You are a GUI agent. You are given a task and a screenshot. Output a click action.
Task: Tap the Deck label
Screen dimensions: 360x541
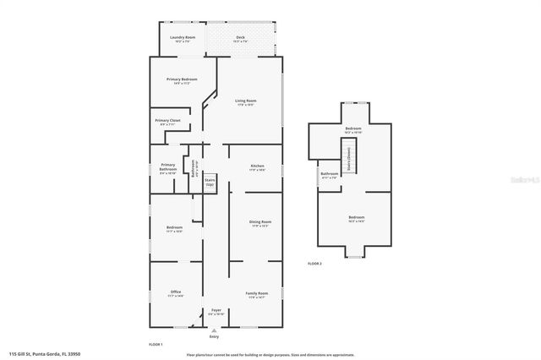(x=240, y=37)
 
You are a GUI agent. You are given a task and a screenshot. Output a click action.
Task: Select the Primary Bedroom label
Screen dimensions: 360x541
(x=182, y=79)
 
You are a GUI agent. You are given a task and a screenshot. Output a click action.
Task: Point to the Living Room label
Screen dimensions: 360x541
(x=245, y=101)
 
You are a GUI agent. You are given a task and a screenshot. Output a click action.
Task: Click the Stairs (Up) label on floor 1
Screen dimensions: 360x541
(x=210, y=182)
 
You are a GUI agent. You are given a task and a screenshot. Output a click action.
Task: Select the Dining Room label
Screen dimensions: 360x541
(x=260, y=221)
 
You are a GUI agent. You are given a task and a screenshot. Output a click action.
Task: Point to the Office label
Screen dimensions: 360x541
(x=176, y=292)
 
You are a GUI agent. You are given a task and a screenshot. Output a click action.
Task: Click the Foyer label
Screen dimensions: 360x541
(x=216, y=311)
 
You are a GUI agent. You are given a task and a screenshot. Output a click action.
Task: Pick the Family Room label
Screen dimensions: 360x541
(x=256, y=292)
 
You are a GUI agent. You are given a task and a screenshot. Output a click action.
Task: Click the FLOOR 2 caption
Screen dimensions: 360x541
(x=314, y=265)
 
